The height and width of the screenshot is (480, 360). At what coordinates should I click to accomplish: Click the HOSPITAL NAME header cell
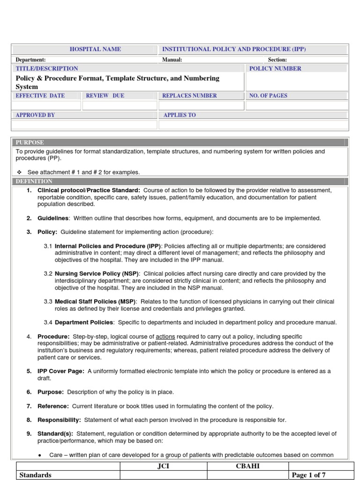95,49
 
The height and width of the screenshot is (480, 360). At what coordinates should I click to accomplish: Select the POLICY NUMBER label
275,68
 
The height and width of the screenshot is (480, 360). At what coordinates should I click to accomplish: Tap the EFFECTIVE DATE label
40,96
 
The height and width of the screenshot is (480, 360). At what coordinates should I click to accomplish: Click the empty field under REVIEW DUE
120,105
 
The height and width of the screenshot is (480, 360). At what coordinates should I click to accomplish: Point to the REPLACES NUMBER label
189,96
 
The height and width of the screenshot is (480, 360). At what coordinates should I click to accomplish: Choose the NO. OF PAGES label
269,96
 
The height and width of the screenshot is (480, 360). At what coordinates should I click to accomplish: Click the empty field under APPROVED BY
84,125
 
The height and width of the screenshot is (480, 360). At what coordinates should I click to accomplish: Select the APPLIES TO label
180,115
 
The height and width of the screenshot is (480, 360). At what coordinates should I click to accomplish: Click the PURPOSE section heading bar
180,142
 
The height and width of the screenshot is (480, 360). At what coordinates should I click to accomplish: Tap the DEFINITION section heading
34,181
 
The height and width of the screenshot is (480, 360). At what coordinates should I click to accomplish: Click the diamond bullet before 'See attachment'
19,172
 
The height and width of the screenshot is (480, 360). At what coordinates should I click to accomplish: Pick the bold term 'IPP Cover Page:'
61,371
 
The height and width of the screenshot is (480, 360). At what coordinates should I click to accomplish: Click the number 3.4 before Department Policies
48,322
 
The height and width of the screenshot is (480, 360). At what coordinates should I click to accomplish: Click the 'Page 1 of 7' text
308,475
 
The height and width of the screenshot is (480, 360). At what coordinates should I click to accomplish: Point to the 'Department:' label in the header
31,60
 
